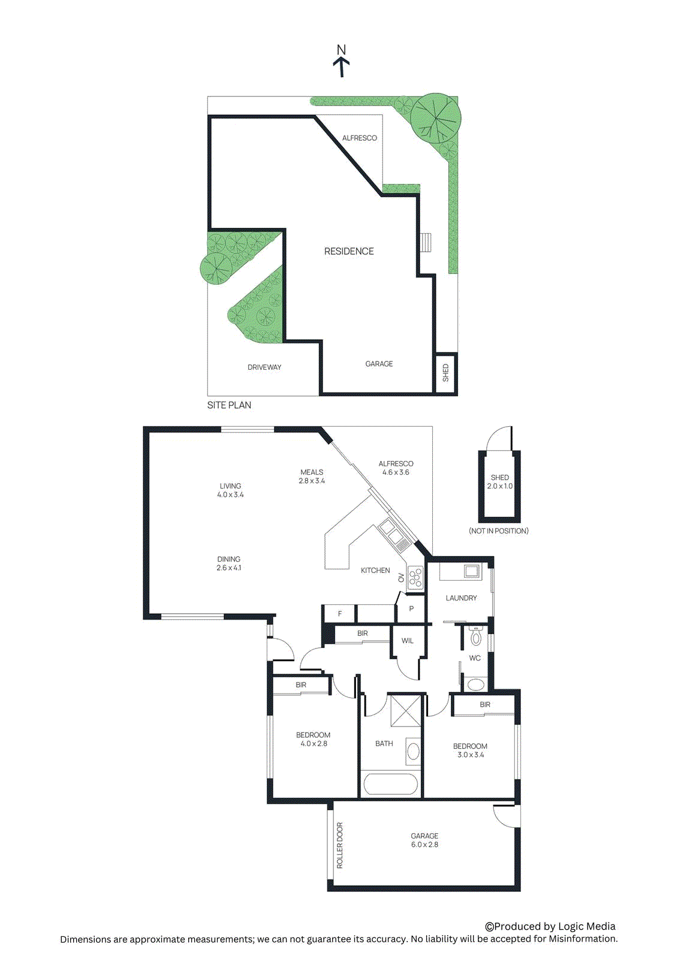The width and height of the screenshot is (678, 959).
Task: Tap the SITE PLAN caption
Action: coord(229,405)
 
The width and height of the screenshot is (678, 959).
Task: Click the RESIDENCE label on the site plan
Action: coord(349,251)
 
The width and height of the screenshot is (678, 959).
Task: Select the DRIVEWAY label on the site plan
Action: coord(264,367)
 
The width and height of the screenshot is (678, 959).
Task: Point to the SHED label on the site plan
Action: coord(445,373)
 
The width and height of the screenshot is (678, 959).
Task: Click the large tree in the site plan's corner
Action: coord(436,117)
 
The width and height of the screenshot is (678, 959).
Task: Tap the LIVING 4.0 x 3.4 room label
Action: coord(230,490)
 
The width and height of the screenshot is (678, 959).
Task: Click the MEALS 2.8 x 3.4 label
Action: coord(312,477)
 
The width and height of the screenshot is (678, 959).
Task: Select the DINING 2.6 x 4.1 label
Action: coord(229,563)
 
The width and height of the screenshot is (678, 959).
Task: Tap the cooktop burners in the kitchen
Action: coord(415,577)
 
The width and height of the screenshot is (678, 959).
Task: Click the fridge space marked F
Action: coord(340,614)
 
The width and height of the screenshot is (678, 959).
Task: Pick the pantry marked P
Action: coord(411,609)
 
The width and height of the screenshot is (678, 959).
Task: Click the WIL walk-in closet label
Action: coord(408,641)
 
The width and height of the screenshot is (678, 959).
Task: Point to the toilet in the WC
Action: coord(475,636)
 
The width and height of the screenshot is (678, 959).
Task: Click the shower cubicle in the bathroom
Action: coord(406,711)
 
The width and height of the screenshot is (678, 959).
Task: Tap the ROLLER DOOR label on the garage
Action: coord(340,845)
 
